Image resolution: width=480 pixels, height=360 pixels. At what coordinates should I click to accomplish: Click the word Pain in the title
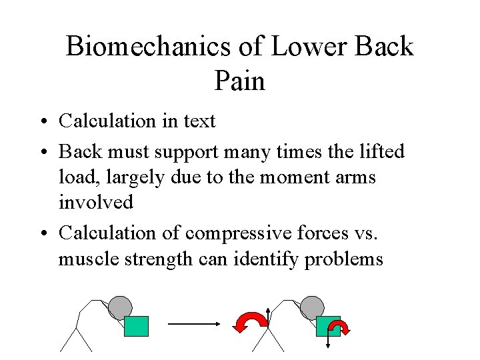(239, 82)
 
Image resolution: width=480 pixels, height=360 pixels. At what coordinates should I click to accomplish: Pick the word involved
(96, 202)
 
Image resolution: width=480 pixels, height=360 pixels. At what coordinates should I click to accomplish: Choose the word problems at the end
(343, 259)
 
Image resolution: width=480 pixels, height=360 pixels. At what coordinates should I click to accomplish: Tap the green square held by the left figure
(137, 326)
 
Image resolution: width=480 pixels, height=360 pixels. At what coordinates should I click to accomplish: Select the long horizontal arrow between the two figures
(193, 324)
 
